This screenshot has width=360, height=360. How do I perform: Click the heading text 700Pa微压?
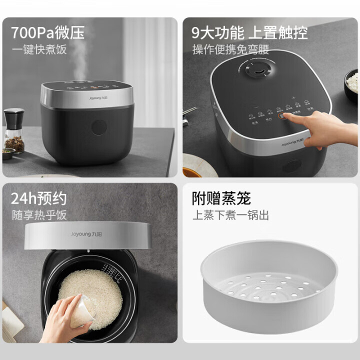pos(48,33)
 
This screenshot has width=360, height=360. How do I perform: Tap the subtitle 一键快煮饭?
pos(39,49)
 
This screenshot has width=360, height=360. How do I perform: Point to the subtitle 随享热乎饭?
pos(39,215)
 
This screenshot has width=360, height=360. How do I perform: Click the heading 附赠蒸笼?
pos(221,198)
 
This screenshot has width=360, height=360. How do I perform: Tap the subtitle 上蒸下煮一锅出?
pos(231,215)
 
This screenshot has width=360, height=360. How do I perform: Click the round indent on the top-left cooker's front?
pos(99,127)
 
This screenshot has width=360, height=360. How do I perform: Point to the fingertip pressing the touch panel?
pos(285,116)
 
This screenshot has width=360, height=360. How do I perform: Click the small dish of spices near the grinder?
pos(8,153)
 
